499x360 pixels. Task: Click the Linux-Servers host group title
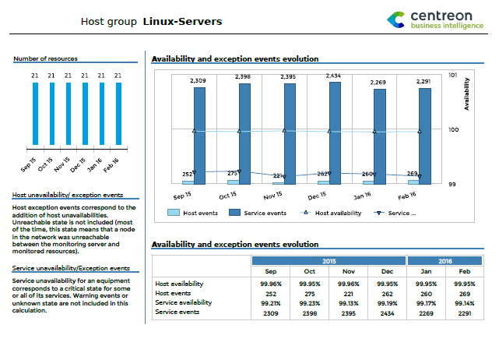pos(182,21)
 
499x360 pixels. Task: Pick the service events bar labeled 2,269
pos(380,136)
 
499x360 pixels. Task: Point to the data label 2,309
pos(198,80)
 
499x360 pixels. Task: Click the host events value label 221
pos(279,176)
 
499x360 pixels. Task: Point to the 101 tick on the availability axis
pos(454,76)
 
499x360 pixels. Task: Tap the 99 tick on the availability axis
pos(452,184)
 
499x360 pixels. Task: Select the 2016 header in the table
pos(445,261)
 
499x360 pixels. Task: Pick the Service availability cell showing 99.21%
pos(271,302)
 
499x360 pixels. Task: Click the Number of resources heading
pos(45,58)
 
